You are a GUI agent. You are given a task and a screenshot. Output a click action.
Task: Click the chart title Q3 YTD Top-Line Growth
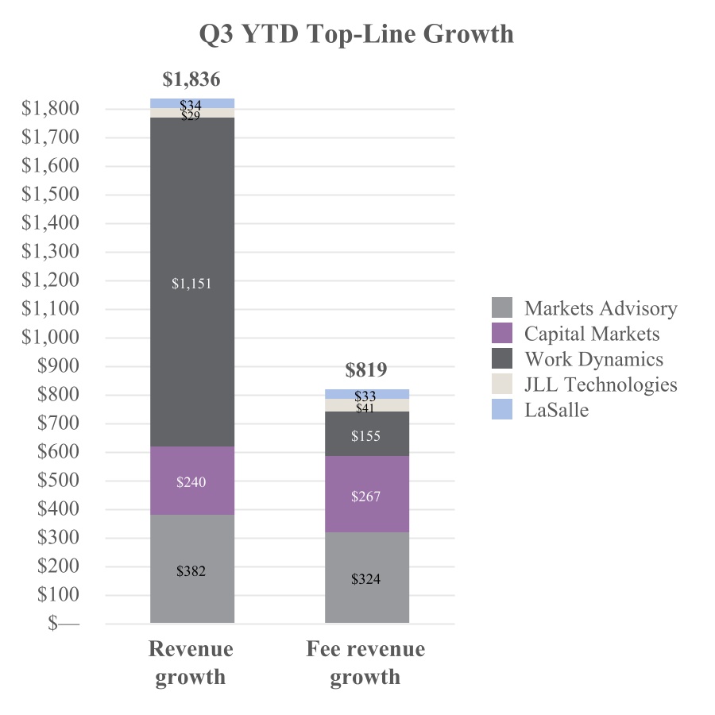[356, 35]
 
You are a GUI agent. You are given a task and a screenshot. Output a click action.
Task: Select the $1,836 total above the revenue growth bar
[191, 79]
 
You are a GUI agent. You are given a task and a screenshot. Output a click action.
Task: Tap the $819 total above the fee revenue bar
[366, 370]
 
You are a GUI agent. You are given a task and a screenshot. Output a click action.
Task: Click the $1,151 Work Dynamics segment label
[191, 284]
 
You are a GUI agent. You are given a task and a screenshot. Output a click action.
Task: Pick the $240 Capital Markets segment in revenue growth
[191, 481]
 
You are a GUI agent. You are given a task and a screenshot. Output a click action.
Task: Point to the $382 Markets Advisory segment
[191, 571]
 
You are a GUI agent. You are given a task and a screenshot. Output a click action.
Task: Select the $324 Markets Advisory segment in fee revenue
[366, 579]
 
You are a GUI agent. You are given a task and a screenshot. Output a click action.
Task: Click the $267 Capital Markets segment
[366, 497]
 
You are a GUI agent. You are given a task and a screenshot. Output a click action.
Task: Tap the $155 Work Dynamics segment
[366, 436]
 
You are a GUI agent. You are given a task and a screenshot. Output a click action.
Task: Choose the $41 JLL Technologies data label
[366, 408]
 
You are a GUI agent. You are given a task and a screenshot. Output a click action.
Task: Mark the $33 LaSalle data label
[366, 396]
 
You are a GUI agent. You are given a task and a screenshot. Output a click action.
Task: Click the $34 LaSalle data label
[191, 105]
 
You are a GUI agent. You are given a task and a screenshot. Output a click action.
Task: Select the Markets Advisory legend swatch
[502, 308]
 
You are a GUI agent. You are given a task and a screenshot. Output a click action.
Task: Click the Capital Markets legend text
[592, 334]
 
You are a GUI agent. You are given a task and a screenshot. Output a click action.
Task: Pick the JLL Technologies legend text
[601, 385]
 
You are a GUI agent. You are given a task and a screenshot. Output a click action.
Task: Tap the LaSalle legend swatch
[502, 410]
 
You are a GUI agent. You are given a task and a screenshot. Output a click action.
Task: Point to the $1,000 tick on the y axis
[50, 338]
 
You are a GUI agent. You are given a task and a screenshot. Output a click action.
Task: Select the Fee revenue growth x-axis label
[365, 663]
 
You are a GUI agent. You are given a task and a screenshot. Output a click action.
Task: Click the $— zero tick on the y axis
[64, 624]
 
